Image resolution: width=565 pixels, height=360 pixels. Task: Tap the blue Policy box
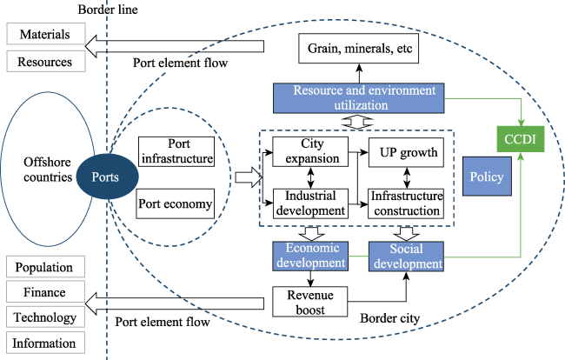[x=485, y=177]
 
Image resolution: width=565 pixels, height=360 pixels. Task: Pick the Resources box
[x=45, y=62]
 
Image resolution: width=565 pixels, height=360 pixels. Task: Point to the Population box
[x=45, y=267]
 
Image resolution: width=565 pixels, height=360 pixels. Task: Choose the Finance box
[x=45, y=292]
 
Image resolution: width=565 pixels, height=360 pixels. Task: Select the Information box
[x=45, y=342]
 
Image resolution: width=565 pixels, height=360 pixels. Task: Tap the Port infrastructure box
[x=176, y=152]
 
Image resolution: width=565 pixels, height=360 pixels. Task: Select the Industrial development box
[x=311, y=203]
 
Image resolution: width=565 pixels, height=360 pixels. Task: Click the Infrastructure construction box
[x=406, y=203]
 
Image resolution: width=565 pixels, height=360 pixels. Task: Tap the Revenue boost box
[x=311, y=301]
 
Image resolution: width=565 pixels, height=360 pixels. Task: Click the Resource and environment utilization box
[x=359, y=97]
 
